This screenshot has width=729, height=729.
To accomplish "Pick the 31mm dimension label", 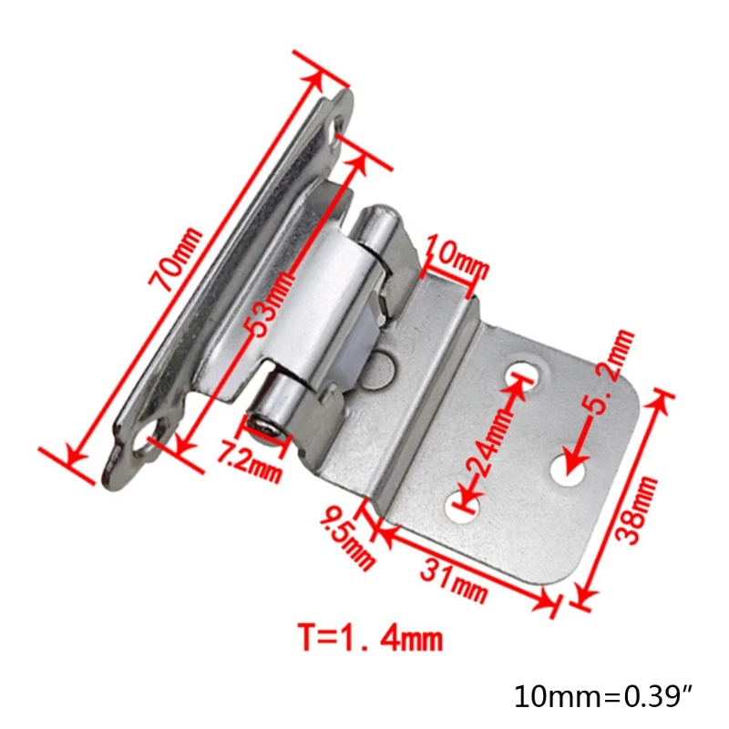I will click(454, 580).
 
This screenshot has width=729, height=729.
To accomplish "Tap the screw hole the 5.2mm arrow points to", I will click(570, 472).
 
